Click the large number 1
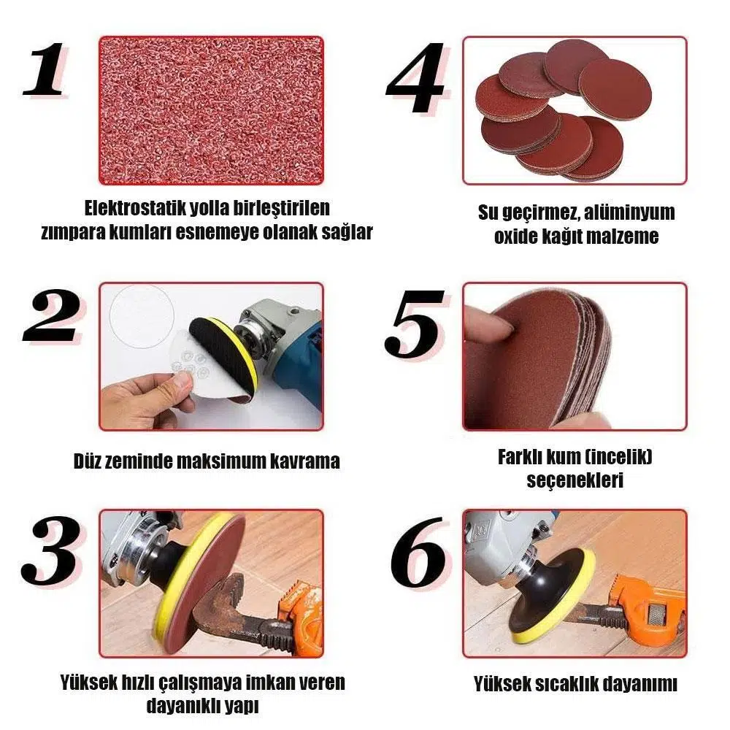click(x=46, y=69)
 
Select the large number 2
click(x=51, y=316)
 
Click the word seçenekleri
click(x=575, y=480)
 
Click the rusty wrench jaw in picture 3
click(x=219, y=601)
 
